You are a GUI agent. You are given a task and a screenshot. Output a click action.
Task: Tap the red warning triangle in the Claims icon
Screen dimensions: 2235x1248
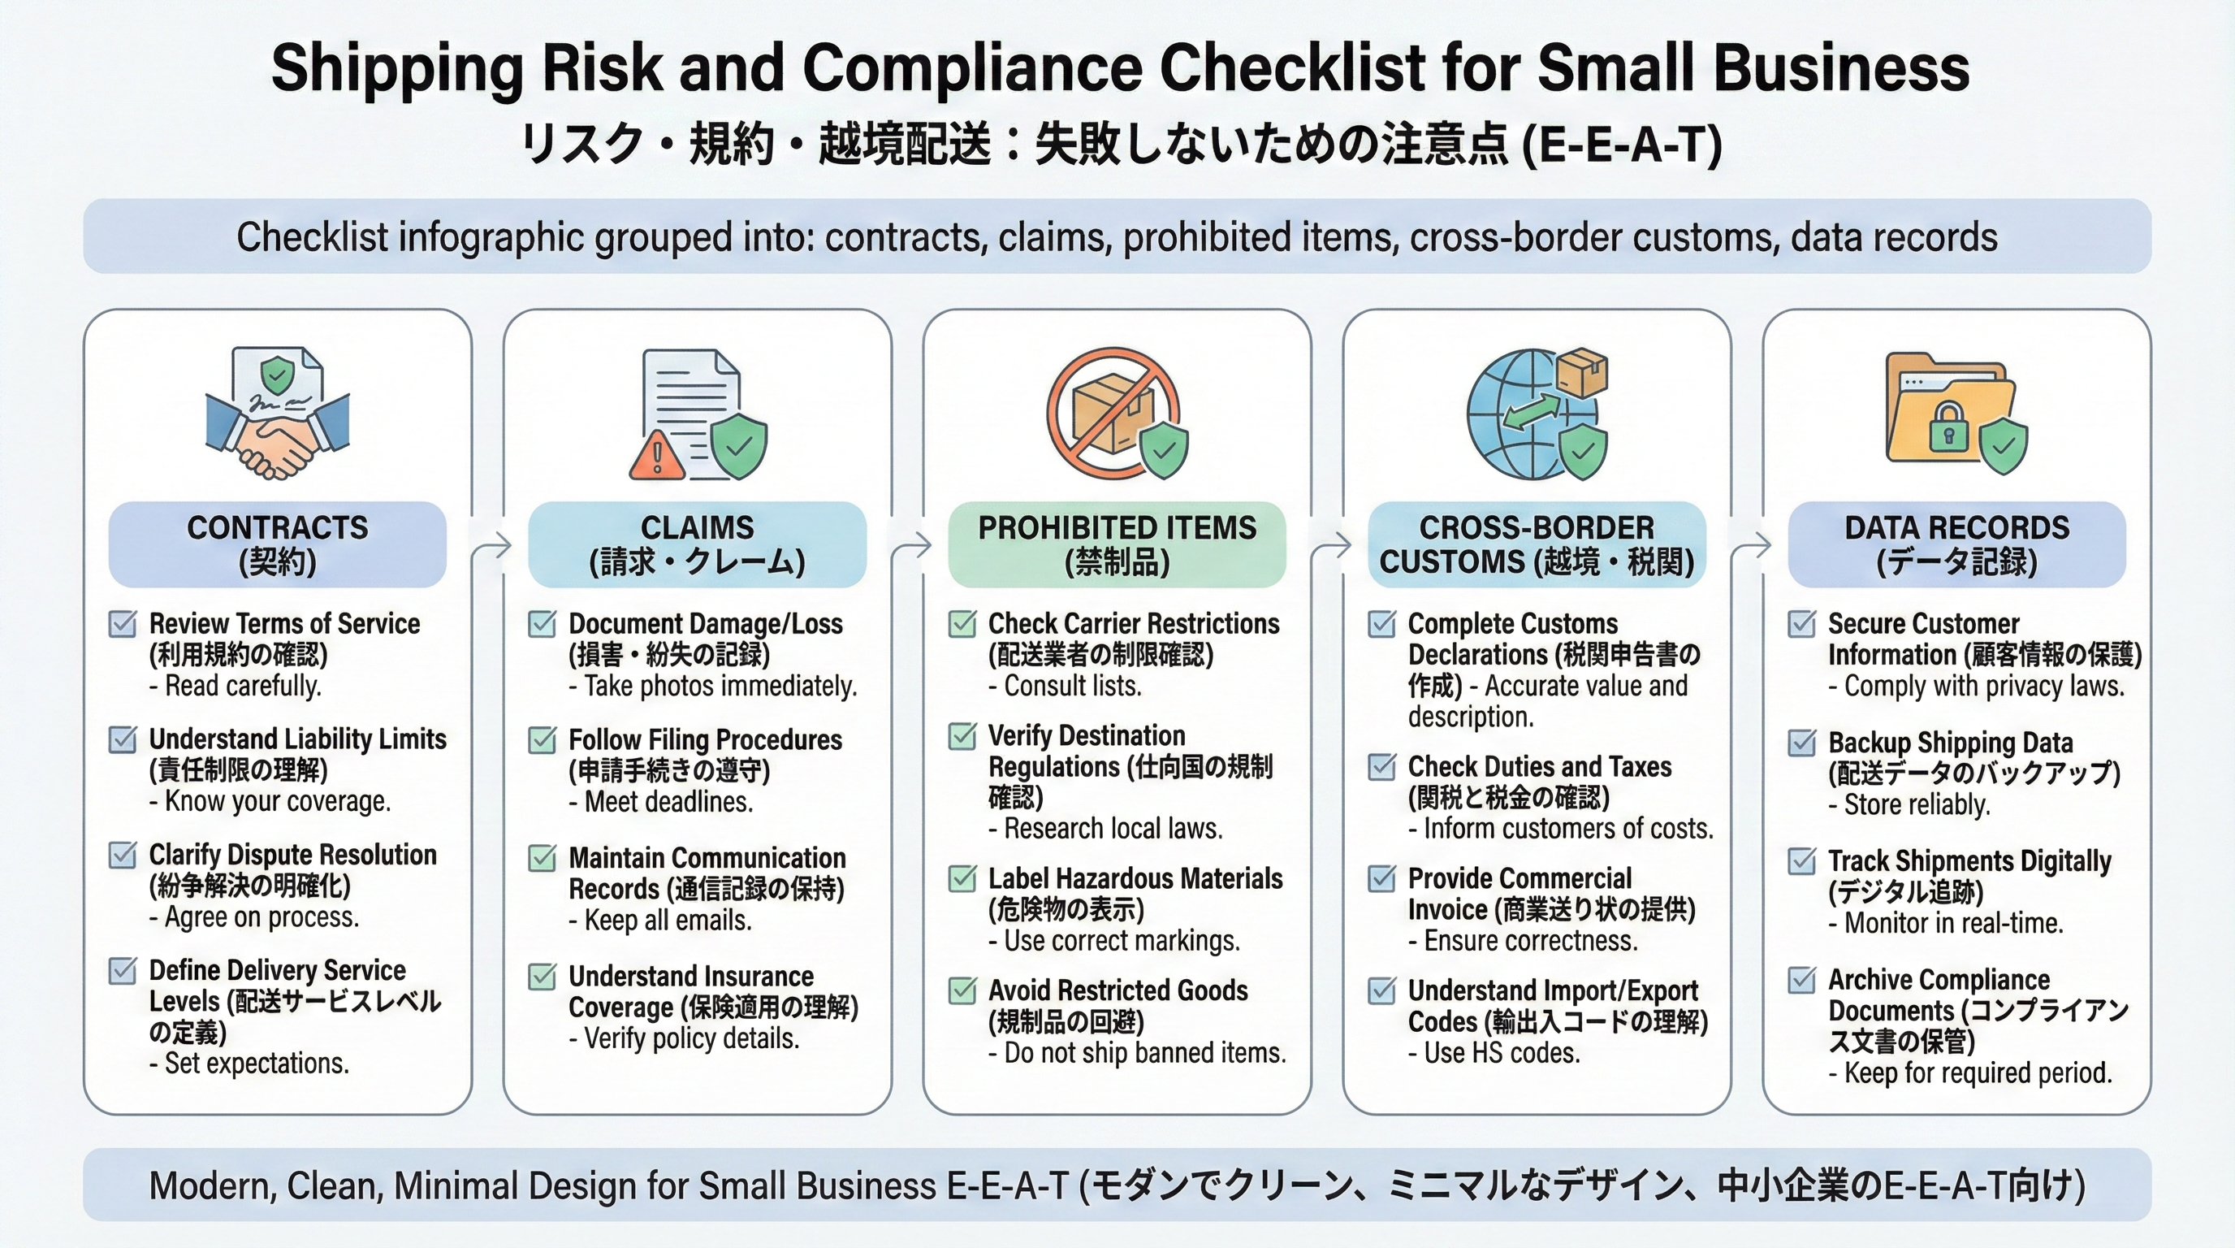(657, 456)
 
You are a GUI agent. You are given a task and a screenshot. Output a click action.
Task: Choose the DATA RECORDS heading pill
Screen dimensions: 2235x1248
(1956, 544)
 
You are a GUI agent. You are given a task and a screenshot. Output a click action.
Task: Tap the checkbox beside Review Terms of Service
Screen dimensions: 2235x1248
(123, 624)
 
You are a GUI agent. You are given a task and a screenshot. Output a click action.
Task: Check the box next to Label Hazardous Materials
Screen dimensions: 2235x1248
(962, 878)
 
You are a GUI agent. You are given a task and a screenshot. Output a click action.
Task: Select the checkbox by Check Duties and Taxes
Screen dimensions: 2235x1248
(1381, 767)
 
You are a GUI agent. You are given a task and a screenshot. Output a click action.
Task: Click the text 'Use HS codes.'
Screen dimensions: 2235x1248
(1502, 1053)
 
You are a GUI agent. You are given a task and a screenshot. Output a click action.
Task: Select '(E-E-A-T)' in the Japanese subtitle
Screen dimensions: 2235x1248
(1623, 145)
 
